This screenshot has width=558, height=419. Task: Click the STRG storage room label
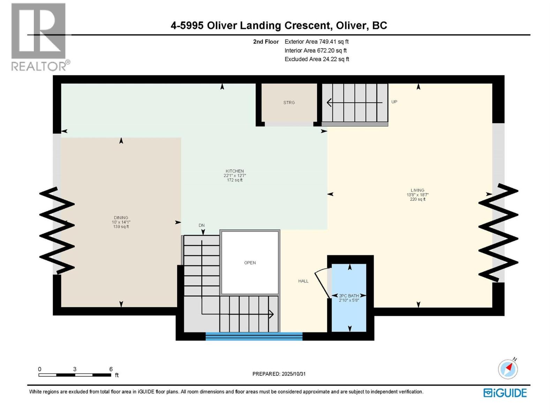pyautogui.click(x=289, y=103)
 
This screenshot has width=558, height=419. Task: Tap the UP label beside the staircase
pyautogui.click(x=394, y=102)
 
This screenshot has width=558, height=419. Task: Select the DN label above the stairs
pyautogui.click(x=202, y=225)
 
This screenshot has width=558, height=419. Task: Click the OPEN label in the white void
pyautogui.click(x=250, y=263)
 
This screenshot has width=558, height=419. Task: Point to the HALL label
pyautogui.click(x=303, y=281)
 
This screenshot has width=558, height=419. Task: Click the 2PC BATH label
pyautogui.click(x=349, y=296)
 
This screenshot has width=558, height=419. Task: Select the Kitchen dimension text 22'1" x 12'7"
pyautogui.click(x=235, y=176)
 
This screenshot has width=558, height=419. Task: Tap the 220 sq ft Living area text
pyautogui.click(x=417, y=199)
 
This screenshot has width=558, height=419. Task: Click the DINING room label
pyautogui.click(x=121, y=218)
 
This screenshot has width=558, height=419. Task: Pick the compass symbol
pyautogui.click(x=508, y=369)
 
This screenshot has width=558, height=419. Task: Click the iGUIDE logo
pyautogui.click(x=505, y=393)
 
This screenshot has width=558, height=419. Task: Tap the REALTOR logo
pyautogui.click(x=39, y=37)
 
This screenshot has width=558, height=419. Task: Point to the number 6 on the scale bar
pyautogui.click(x=111, y=369)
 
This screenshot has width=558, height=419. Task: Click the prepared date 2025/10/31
pyautogui.click(x=294, y=374)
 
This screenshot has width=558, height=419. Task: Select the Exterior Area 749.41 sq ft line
pyautogui.click(x=316, y=42)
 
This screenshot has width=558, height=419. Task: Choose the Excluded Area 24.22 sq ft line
pyautogui.click(x=316, y=59)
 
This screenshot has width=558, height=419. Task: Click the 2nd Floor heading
pyautogui.click(x=266, y=42)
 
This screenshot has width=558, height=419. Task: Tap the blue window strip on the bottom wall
pyautogui.click(x=254, y=336)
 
